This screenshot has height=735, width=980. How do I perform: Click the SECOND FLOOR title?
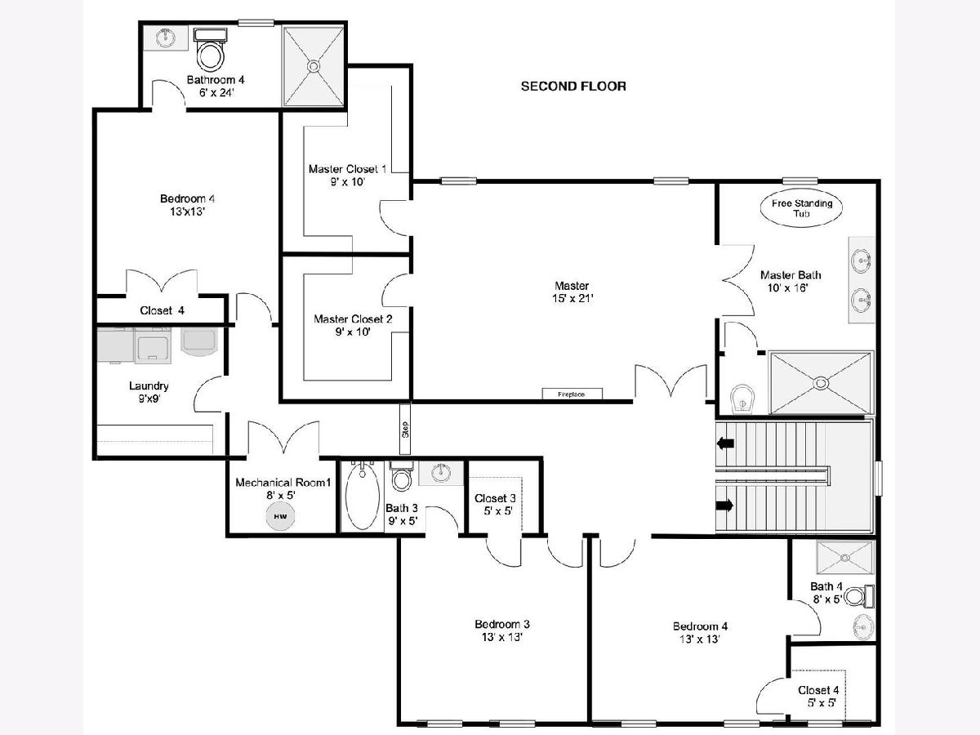(x=573, y=86)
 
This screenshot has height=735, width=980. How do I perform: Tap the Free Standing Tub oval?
(x=801, y=208)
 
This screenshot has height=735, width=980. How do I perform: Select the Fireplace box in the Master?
(x=572, y=394)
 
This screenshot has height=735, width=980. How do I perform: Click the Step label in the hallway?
(x=405, y=430)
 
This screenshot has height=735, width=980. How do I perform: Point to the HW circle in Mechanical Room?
(x=280, y=516)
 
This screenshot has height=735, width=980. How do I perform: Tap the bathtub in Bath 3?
(x=362, y=497)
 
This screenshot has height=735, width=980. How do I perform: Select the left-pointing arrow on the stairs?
(x=725, y=443)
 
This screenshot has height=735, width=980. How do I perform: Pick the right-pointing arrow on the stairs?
(x=724, y=506)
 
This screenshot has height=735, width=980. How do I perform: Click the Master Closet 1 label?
(x=347, y=169)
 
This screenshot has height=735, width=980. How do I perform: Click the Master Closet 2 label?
(x=353, y=319)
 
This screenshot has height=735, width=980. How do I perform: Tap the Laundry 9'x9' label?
(x=149, y=392)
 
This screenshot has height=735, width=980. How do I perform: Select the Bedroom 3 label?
(x=502, y=624)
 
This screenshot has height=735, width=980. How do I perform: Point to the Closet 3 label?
(x=495, y=498)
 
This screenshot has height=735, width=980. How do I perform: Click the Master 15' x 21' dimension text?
(x=572, y=299)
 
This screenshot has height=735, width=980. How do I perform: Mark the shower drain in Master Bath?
(x=821, y=383)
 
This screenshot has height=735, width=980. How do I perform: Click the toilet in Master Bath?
(x=742, y=399)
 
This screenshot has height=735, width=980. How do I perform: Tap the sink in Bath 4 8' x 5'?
(x=863, y=627)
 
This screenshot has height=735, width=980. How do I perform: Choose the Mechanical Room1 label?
(x=283, y=483)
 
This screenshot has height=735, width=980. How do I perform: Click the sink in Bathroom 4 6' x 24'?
(x=165, y=38)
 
